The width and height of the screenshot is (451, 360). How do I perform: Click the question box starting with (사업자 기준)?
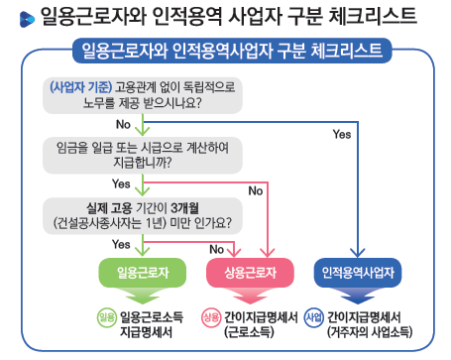coord(145,93)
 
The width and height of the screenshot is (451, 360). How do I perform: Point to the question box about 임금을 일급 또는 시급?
coord(145,153)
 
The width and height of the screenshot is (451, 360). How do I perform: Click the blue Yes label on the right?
coord(342,133)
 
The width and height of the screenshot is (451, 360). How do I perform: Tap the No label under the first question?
coord(124,124)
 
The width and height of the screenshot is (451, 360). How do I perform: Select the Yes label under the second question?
coord(122,183)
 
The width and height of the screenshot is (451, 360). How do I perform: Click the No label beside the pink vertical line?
coord(255,189)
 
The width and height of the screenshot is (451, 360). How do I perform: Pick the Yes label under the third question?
coord(122,243)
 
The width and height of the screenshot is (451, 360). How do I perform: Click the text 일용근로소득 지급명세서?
coord(155,323)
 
